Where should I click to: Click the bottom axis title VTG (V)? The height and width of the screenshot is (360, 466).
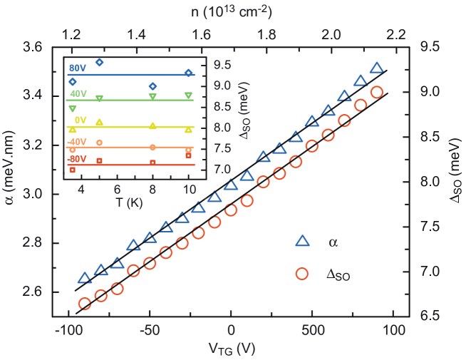[231, 349]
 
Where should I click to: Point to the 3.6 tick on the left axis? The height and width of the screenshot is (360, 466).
[31, 46]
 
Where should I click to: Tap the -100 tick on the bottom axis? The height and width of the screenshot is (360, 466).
[69, 331]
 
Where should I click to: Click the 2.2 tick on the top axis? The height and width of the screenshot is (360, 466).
[396, 34]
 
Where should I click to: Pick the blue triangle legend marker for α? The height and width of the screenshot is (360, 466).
[301, 242]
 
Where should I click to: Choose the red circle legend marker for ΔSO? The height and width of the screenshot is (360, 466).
[301, 274]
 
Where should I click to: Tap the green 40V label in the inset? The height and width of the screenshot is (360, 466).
[78, 94]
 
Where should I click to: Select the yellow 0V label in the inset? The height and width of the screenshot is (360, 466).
[80, 120]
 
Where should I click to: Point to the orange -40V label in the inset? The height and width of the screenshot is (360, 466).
[76, 142]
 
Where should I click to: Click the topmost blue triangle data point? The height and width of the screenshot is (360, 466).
[376, 68]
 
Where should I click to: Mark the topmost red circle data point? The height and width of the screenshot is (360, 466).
[377, 92]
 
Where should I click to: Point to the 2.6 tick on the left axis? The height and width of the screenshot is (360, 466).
[31, 292]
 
